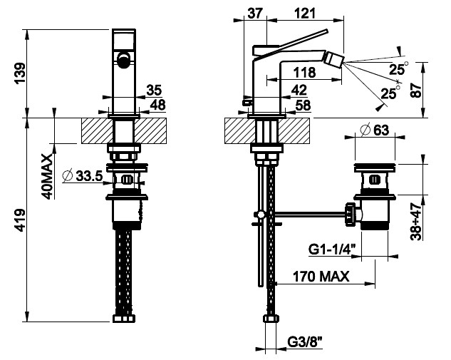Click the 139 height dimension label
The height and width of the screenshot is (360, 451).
click(x=21, y=72)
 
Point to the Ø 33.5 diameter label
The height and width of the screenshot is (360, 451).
click(x=83, y=176)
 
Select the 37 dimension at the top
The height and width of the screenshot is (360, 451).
click(x=257, y=13)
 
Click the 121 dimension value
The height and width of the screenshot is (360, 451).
click(x=306, y=13)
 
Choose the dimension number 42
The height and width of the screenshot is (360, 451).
click(x=299, y=89)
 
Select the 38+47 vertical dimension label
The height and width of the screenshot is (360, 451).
click(x=435, y=222)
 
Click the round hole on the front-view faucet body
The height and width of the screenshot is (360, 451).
click(x=124, y=61)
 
